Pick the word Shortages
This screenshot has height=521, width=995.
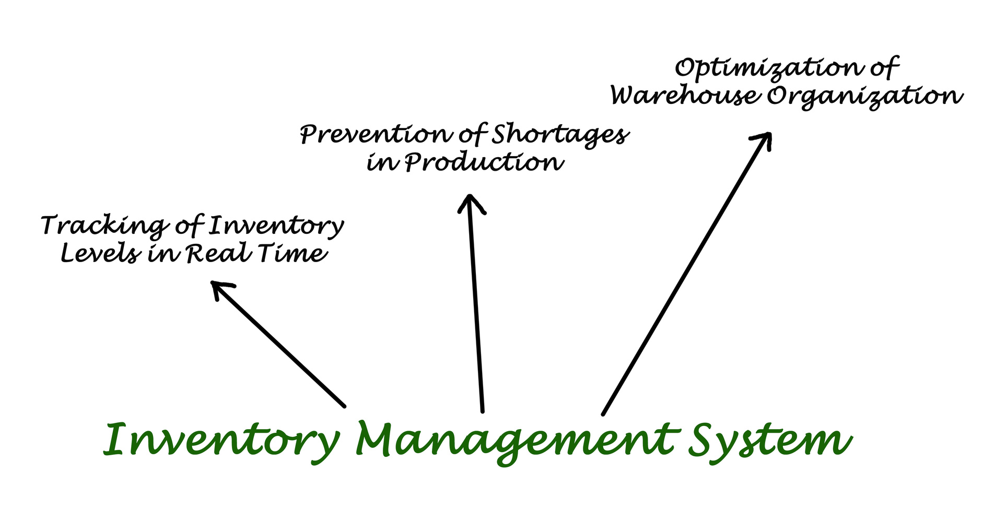click(560, 135)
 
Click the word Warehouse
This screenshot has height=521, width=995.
click(685, 96)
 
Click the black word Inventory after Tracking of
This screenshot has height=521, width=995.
click(276, 226)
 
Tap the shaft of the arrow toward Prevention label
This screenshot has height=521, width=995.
click(476, 308)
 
